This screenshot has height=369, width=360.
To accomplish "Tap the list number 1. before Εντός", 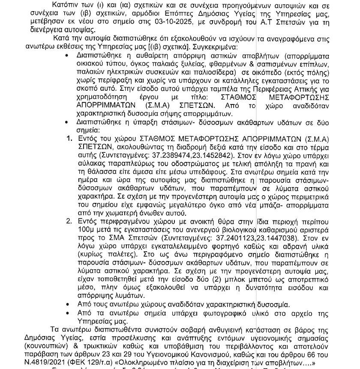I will (69, 139).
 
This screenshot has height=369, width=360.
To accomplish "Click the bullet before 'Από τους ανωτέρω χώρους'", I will (66, 305).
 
